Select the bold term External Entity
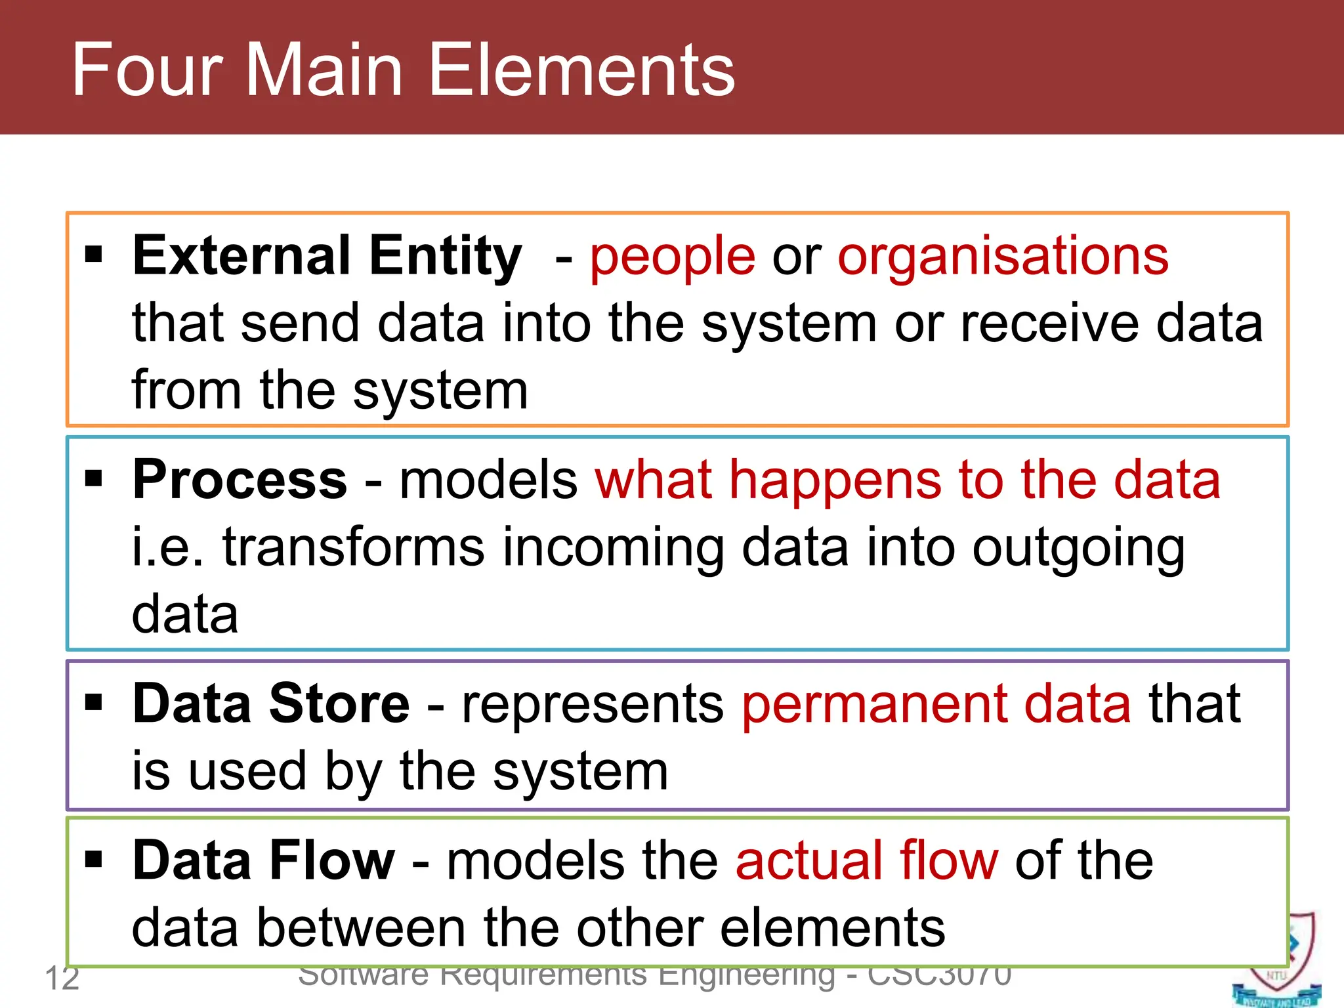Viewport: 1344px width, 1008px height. (x=327, y=256)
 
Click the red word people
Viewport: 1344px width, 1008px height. (x=672, y=257)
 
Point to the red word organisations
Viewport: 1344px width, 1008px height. (x=1003, y=257)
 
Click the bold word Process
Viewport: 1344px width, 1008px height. (x=240, y=480)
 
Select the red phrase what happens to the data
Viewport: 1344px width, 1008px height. (x=907, y=480)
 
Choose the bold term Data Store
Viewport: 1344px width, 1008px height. (x=270, y=704)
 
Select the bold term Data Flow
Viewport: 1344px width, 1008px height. (x=263, y=861)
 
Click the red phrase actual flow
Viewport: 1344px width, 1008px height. (x=866, y=861)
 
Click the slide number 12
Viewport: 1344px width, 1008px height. (x=62, y=978)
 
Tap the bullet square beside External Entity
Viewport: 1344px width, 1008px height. (x=94, y=253)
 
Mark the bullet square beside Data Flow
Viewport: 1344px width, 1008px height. (x=94, y=858)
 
